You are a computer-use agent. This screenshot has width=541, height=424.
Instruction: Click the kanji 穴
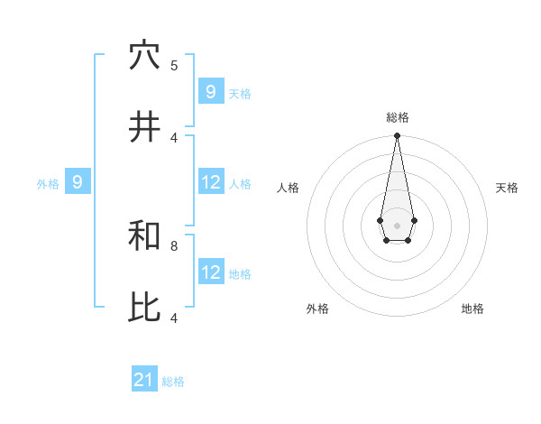[144, 55]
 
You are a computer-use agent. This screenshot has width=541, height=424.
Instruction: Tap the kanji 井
[144, 127]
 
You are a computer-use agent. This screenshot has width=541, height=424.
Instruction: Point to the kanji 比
[144, 308]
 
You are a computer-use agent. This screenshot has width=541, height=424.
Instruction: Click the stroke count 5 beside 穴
[174, 65]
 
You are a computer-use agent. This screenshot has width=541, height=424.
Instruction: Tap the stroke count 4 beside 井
[174, 137]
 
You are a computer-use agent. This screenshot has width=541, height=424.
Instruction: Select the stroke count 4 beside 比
[174, 318]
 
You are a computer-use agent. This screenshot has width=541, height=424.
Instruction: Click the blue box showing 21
[144, 381]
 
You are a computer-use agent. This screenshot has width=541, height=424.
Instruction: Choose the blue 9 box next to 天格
[211, 92]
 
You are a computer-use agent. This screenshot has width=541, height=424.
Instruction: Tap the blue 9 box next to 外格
[78, 182]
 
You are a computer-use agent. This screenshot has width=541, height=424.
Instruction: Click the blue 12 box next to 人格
[211, 182]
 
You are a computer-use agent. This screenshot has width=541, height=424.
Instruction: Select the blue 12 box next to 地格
[211, 272]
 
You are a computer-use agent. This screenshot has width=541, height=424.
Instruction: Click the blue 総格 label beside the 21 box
[173, 382]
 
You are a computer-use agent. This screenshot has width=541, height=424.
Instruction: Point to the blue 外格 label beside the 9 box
[48, 183]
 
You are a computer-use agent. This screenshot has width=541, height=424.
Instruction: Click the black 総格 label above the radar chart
[397, 117]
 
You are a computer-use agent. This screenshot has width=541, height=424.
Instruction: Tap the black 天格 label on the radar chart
[507, 188]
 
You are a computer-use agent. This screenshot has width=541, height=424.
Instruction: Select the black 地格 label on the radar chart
[472, 309]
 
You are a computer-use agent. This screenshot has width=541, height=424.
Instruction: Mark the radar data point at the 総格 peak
[397, 136]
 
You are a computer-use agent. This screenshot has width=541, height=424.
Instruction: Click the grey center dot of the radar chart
[397, 225]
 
